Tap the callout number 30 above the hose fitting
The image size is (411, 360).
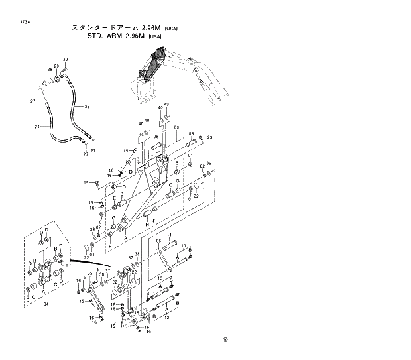66,60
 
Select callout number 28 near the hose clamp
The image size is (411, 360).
50,70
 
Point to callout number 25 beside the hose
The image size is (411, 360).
87,106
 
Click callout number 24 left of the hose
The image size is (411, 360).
37,127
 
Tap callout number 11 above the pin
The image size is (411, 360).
169,235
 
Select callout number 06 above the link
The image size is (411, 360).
158,241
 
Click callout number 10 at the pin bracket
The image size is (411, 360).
184,245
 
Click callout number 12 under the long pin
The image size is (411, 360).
166,316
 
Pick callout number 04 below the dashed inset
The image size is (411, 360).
46,304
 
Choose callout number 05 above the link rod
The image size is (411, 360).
89,274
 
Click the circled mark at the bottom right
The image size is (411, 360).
225,341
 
